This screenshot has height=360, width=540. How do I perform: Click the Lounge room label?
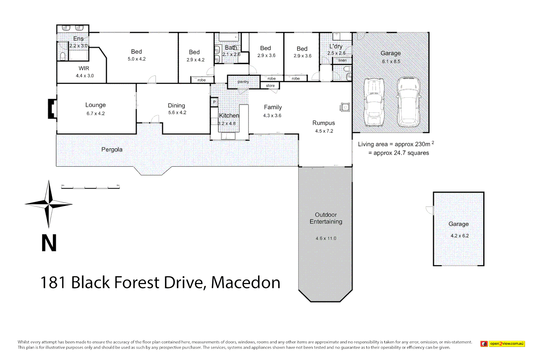(95, 105)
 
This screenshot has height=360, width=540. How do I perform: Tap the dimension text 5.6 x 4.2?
(177, 113)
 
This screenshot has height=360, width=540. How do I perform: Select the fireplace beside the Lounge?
(52, 109)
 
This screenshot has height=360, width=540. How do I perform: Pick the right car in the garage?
(409, 102)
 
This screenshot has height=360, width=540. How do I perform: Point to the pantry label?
(243, 82)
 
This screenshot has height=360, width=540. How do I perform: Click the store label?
(270, 86)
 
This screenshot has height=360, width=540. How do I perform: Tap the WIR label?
(84, 68)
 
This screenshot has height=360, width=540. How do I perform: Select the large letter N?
(49, 243)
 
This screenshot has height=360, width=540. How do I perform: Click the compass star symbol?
(49, 204)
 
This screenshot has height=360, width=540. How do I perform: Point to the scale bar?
(90, 188)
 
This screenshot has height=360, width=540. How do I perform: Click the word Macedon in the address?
(246, 283)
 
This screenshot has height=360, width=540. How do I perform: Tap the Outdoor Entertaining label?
(326, 218)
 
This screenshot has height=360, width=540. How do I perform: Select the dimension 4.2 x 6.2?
(459, 236)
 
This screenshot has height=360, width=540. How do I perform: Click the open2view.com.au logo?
(503, 344)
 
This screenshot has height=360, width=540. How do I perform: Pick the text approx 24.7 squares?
(401, 153)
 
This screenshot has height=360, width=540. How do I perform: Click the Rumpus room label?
(323, 123)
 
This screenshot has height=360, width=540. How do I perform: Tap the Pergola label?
(112, 150)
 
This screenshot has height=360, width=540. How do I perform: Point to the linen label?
(342, 60)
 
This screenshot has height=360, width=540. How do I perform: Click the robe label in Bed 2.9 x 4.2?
(201, 80)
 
